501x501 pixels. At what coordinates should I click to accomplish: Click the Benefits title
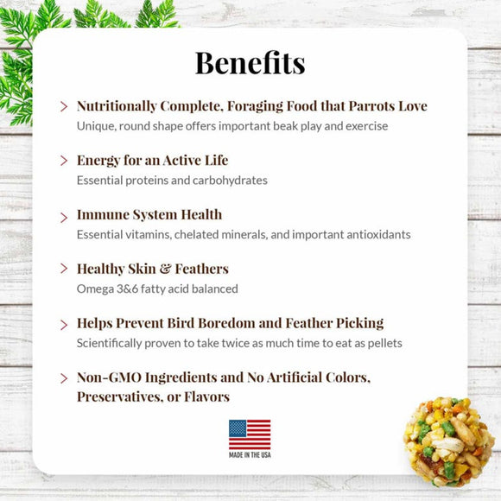point(250,62)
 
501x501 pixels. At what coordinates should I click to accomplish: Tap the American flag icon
point(250,434)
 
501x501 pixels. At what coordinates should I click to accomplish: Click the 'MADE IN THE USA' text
point(250,455)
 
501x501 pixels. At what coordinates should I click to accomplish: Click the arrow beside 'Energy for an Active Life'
point(64,161)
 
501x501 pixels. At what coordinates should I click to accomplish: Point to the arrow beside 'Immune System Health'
point(64,215)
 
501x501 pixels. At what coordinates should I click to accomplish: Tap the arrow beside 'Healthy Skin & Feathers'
point(64,270)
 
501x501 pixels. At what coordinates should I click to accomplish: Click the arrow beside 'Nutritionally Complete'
point(64,107)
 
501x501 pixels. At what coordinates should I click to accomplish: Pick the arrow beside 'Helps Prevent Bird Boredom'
point(64,324)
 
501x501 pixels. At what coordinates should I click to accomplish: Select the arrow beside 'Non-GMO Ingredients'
point(64,378)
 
